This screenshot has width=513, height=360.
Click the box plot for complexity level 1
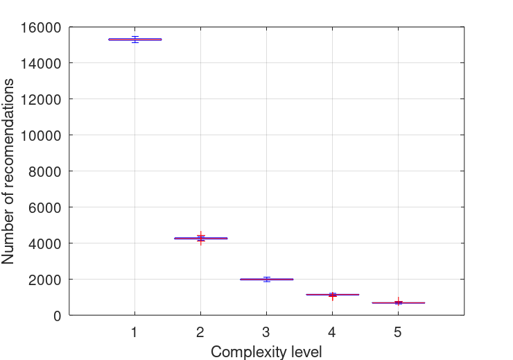(134, 40)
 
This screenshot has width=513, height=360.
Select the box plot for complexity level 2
(200, 238)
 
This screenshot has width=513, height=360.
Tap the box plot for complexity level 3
(266, 279)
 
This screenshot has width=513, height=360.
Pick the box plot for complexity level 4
(332, 295)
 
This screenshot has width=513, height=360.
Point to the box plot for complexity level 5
(398, 302)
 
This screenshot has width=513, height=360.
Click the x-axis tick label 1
(134, 332)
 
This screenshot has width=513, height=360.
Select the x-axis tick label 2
(200, 332)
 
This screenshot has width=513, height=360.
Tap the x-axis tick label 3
(266, 332)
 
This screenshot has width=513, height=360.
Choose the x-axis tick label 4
(332, 332)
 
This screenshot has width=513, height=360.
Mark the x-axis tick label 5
(398, 332)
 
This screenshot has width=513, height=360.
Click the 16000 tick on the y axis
(40, 28)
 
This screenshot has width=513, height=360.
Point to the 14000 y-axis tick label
(40, 64)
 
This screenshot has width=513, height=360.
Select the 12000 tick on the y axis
(40, 100)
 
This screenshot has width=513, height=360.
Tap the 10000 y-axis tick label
(40, 136)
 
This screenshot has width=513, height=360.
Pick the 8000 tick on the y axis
(44, 171)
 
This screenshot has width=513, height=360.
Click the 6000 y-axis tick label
(44, 207)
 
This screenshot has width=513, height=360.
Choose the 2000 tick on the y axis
(44, 280)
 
